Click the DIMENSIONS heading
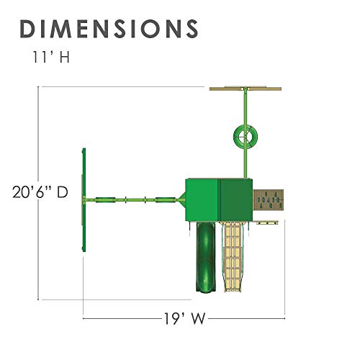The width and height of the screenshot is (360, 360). coord(109,29)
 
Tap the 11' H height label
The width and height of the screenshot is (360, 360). coord(50,57)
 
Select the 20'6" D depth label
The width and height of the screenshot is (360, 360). coord(40,192)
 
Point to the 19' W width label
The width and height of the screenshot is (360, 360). coord(184,318)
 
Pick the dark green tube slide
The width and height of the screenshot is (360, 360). coord(206,256)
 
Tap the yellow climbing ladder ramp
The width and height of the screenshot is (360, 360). coord(233,256)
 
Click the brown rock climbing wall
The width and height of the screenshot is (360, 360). coord(269,199)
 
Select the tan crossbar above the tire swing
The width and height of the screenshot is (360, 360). coord(246,89)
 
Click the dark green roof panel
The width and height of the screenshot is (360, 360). coord(236,199)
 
